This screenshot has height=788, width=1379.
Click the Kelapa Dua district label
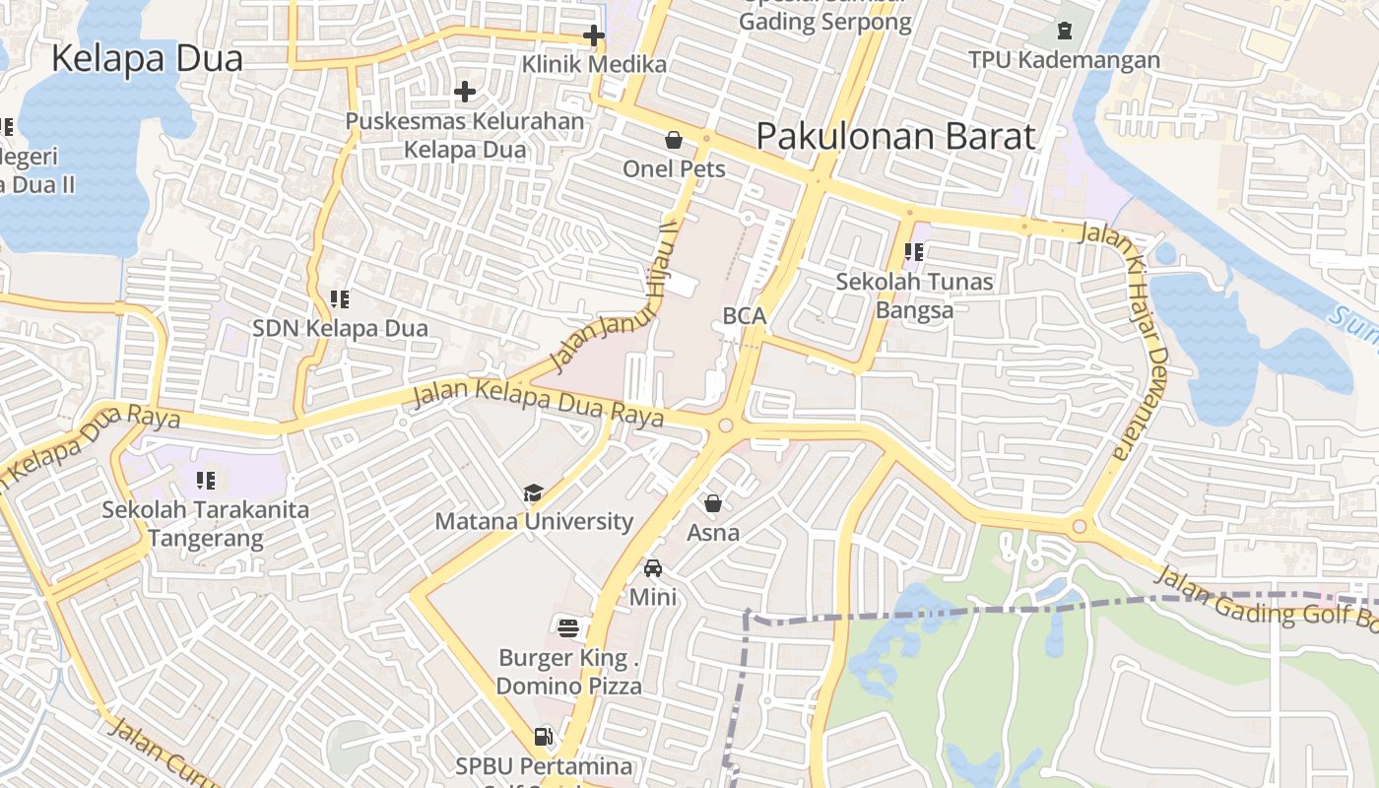[x=147, y=59]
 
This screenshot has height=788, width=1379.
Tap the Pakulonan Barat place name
[x=895, y=137]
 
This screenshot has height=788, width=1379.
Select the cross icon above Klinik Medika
[x=593, y=36]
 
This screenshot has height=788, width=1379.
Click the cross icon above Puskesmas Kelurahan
[x=465, y=93]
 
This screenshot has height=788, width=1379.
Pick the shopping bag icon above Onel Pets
[x=674, y=141]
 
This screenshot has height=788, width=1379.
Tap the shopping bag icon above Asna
[x=713, y=504]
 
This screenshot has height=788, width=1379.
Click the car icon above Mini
[x=652, y=568]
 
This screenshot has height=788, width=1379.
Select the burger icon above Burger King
[x=568, y=627]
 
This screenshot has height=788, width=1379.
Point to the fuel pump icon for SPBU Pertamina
[x=543, y=736]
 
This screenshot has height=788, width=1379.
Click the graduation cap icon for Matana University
[x=533, y=492]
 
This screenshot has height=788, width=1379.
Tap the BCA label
[x=744, y=316]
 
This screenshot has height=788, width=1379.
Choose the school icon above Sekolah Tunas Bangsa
[x=914, y=252]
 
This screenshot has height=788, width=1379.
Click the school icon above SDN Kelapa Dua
[x=340, y=298]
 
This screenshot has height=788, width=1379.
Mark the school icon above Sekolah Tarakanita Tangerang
[x=206, y=481]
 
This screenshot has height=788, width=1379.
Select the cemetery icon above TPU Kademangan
[x=1064, y=31]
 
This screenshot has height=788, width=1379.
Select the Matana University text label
[x=534, y=521]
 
